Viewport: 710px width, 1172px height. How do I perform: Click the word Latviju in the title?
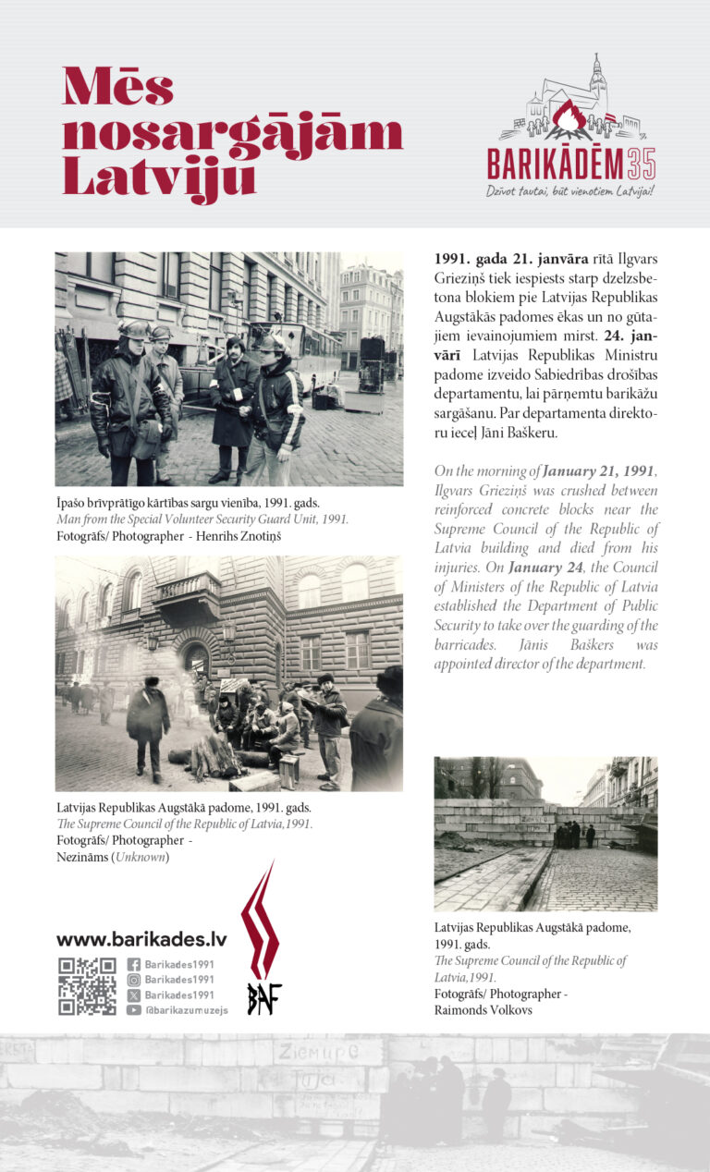coord(158,176)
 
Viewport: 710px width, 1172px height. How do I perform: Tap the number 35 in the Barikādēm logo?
coord(640,165)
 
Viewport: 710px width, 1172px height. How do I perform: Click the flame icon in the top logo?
coord(571,119)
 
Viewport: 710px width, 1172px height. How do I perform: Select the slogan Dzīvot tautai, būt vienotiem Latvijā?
coord(570,191)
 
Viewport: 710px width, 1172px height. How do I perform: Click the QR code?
coord(87,986)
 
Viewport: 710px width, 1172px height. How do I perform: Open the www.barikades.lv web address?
coord(141,939)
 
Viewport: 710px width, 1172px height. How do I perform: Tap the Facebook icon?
coord(134,965)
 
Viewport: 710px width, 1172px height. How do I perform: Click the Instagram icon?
coord(134,980)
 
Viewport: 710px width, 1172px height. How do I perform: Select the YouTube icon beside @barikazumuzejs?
coord(134,1010)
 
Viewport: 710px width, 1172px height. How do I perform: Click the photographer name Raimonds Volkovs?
coord(484,1010)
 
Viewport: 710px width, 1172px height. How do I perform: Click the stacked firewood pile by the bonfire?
coord(214,756)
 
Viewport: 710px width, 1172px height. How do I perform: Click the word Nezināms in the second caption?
coord(81,857)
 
